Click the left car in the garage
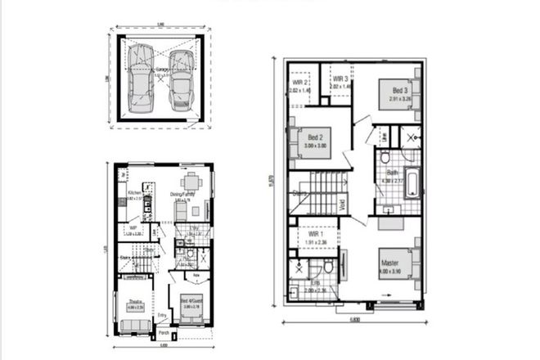point(139,75)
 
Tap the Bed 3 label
point(399,90)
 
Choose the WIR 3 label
point(340,79)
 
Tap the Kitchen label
point(135,193)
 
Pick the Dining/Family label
point(182,194)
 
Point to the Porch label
point(163,333)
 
